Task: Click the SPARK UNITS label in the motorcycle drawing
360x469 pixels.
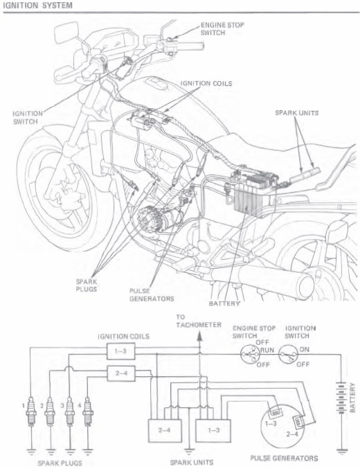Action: click(x=296, y=113)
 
